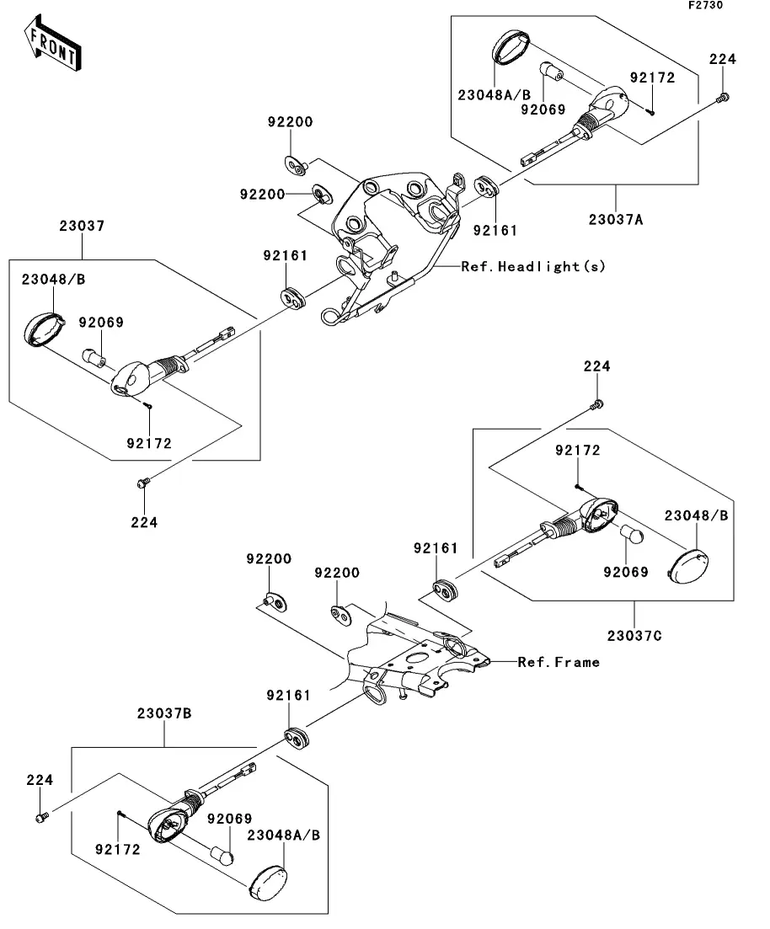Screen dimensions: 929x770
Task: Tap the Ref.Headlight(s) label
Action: (532, 266)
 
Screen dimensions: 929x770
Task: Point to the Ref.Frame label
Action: (559, 662)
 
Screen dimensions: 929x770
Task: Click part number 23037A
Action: (615, 220)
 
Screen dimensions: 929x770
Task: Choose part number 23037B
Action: (164, 713)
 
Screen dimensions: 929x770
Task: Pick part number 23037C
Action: (634, 636)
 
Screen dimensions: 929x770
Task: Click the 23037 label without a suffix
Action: (82, 226)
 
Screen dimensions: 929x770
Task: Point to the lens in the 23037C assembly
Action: (689, 564)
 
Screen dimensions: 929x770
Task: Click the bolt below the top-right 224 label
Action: (722, 99)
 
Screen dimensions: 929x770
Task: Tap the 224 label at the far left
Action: (39, 781)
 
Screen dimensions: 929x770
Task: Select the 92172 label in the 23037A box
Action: (652, 77)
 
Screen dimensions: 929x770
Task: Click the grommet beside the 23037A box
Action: (485, 186)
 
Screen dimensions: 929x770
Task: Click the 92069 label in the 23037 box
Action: (101, 322)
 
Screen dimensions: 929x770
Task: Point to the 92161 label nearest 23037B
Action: (288, 696)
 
